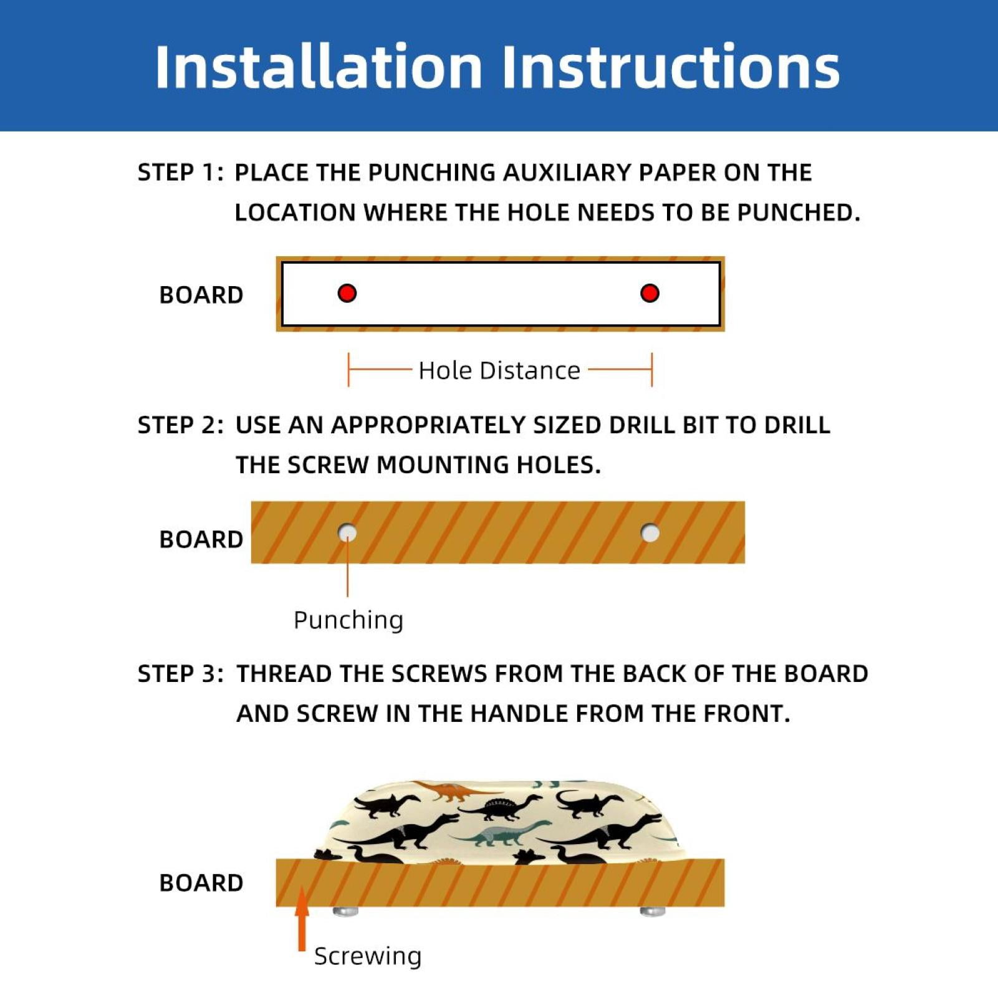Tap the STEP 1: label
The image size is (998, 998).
180,173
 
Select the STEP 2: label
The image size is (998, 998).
180,425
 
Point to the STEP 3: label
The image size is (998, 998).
180,674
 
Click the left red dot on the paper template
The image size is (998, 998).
347,293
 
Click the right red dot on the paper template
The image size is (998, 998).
650,293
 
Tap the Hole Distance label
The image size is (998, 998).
499,370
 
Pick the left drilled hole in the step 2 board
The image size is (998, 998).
347,533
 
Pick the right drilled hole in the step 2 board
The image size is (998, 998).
650,533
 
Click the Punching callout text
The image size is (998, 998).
348,620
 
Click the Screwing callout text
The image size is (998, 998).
368,956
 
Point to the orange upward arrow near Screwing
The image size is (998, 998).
302,919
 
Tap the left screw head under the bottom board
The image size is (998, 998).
346,911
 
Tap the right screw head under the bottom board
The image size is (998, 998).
653,911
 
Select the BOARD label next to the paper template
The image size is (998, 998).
201,295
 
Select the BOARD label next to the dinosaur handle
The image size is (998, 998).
201,883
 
